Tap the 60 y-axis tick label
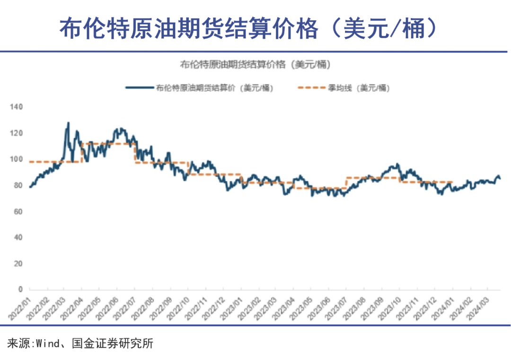[x=18, y=211]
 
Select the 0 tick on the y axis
[x=20, y=289]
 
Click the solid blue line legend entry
[x=199, y=88]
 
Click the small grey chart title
[x=255, y=64]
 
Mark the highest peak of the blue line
[x=68, y=123]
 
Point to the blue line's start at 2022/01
[x=30, y=187]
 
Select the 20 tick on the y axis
[x=18, y=263]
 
